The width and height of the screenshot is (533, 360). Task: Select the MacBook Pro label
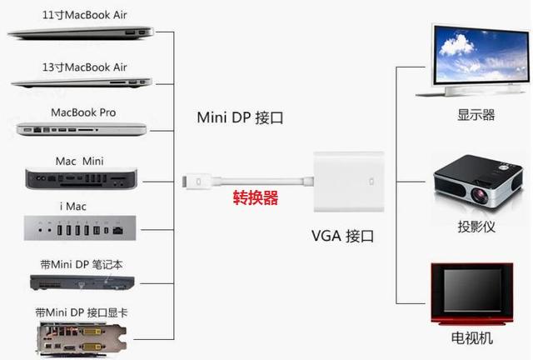pyautogui.click(x=83, y=112)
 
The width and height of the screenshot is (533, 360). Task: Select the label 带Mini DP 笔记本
pyautogui.click(x=83, y=264)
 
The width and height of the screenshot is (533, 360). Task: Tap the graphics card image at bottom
pyautogui.click(x=83, y=337)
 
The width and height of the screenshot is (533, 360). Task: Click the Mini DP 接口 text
pyautogui.click(x=240, y=117)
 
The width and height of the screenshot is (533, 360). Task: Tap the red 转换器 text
pyautogui.click(x=255, y=198)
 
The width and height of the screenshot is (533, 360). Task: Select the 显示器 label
pyautogui.click(x=476, y=115)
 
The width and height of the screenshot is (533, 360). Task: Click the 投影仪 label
pyautogui.click(x=476, y=227)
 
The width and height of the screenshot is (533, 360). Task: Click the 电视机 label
pyautogui.click(x=476, y=338)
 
